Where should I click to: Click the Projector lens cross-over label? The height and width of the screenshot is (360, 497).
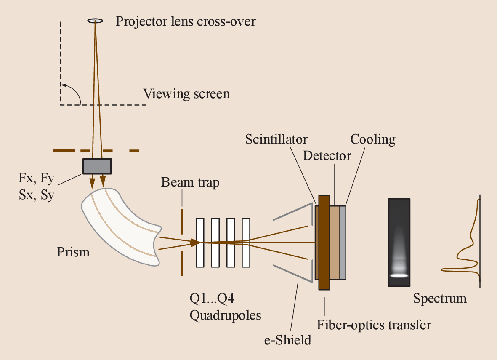(186, 21)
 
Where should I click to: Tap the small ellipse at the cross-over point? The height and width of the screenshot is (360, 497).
(96, 20)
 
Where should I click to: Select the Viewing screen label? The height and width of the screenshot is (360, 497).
(186, 93)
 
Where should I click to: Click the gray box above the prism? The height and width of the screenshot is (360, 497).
(97, 166)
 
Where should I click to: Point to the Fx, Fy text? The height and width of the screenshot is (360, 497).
(36, 179)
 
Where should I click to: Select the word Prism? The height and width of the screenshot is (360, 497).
(73, 252)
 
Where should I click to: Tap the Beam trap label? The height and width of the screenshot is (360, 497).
(190, 183)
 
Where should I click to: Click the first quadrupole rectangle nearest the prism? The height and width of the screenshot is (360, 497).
(199, 242)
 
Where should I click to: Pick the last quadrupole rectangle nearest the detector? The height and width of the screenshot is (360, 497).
(245, 242)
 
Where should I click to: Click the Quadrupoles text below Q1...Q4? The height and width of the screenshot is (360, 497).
(225, 315)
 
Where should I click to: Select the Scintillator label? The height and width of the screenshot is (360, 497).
(276, 139)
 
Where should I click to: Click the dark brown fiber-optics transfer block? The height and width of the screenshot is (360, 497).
(324, 242)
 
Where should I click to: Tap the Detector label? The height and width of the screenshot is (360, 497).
(327, 156)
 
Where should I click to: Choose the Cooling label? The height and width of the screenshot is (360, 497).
(373, 139)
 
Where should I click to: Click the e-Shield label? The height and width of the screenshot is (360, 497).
(287, 339)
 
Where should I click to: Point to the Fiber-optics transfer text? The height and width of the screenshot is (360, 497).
(374, 325)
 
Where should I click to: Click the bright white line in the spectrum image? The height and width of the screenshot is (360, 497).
(399, 275)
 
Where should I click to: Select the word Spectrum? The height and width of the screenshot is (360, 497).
(439, 299)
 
